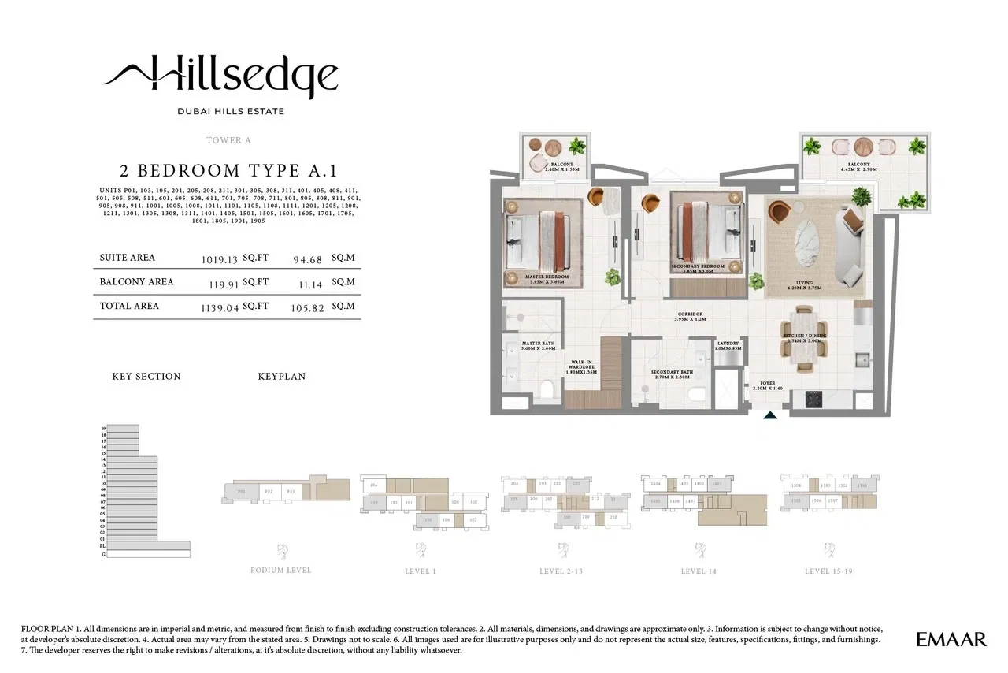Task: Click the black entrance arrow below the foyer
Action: click(x=771, y=415)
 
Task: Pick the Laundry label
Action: click(x=726, y=345)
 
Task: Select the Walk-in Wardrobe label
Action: click(x=581, y=366)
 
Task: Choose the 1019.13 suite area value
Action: click(x=220, y=258)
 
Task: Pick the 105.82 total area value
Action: click(x=308, y=307)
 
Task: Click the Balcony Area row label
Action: click(x=137, y=281)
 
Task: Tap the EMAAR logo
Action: click(x=951, y=639)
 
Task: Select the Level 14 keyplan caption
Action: click(x=699, y=571)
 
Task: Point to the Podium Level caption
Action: click(x=281, y=571)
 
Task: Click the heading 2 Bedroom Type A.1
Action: click(x=228, y=170)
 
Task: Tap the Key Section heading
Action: click(x=146, y=377)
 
